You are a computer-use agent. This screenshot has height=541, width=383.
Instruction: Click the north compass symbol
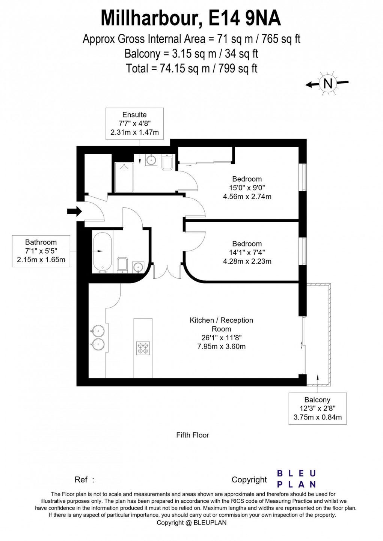pos(327,83)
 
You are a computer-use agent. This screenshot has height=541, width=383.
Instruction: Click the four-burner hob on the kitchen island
pos(143,348)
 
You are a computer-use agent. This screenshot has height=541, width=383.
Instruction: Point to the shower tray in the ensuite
pos(123,176)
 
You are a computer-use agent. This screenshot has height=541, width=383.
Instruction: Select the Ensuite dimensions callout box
pos(134,123)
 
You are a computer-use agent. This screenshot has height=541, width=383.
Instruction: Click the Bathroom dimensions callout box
pos(41,251)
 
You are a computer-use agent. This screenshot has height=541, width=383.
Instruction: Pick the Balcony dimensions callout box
pos(317,409)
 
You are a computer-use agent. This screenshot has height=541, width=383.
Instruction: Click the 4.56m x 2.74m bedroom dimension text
pos(247,196)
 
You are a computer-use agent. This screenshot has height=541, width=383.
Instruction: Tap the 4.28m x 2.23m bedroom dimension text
pos(247,261)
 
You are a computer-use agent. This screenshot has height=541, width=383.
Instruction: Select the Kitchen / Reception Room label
pos(221,324)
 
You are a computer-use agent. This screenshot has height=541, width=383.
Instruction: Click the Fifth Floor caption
pos(192,435)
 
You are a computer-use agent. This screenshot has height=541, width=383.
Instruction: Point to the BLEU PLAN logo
pos(296,479)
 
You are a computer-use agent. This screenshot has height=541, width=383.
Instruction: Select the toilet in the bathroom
pos(122,264)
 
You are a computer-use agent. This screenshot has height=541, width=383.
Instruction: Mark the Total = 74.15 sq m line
pos(191,68)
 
